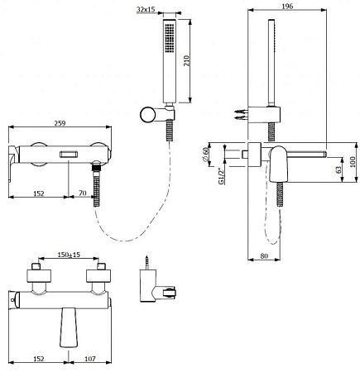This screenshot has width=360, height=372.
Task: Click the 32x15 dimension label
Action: click(x=146, y=9)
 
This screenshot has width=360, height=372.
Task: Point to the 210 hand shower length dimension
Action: click(x=187, y=60)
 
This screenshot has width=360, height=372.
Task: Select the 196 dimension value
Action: click(x=287, y=6)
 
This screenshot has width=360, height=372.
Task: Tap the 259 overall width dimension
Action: click(x=60, y=123)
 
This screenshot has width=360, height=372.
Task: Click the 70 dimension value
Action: click(x=83, y=193)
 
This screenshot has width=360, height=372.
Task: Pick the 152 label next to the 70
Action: click(x=39, y=193)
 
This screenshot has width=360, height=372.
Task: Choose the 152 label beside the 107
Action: click(x=39, y=359)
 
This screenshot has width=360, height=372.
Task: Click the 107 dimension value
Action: click(x=90, y=359)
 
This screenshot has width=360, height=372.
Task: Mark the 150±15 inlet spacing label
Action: click(x=69, y=255)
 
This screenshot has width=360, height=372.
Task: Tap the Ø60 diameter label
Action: click(x=205, y=155)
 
